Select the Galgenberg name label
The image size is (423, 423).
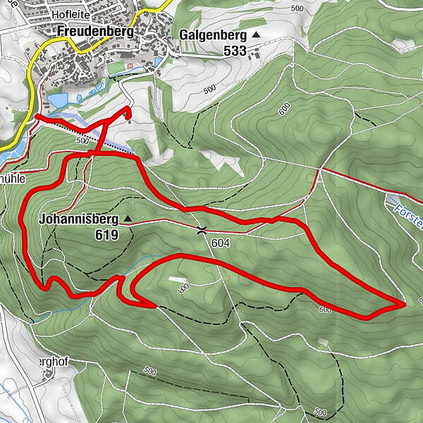tap(211, 34)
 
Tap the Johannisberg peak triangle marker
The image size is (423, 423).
tap(128, 219)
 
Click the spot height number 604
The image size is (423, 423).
tap(220, 242)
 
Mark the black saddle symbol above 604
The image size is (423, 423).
tap(202, 230)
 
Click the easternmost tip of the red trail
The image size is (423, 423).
tap(404, 303)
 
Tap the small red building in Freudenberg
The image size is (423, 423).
tap(130, 67)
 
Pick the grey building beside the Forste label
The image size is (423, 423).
tap(392, 200)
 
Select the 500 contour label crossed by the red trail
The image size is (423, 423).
tap(81, 140)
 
